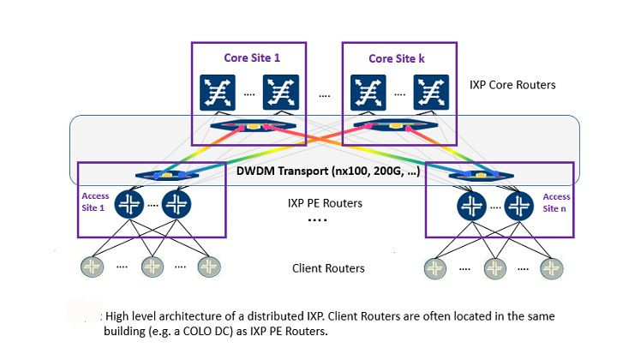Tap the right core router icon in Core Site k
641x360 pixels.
pos(431,93)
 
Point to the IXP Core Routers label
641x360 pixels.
pos(512,85)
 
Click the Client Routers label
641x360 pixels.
pos(328,268)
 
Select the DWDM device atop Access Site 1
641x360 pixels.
pos(168,175)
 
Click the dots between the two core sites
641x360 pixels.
pos(324,94)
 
